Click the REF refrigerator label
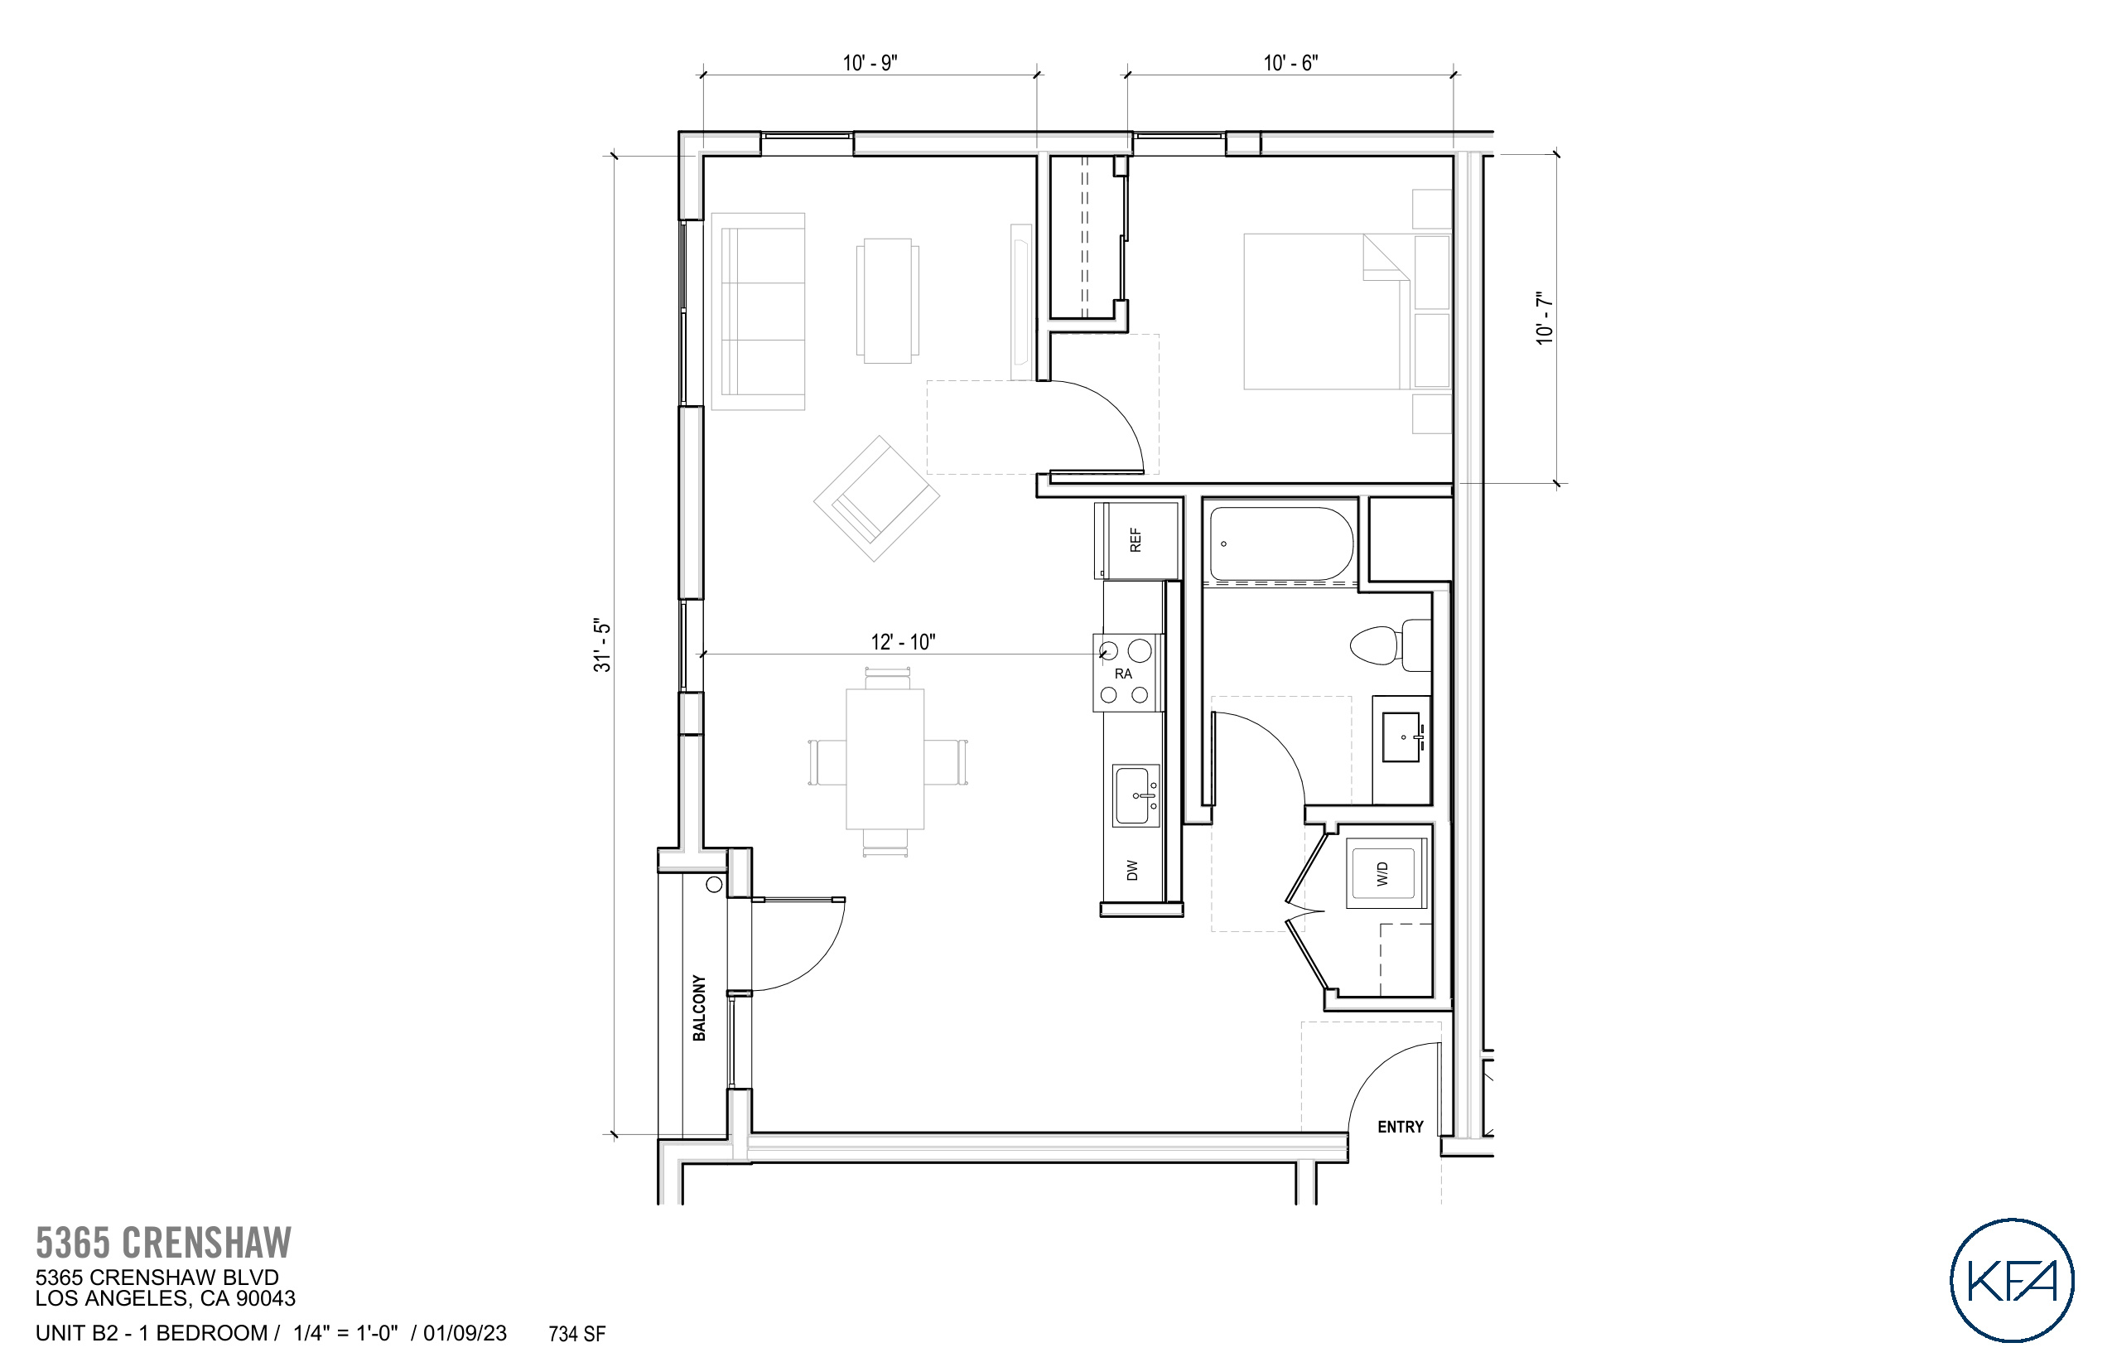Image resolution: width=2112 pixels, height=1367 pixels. pos(1135,539)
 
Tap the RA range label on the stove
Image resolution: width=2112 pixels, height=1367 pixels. pos(1123,674)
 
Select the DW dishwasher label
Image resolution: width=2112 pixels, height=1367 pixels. pos(1131,870)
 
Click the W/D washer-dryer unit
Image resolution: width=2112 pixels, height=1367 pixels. pos(1384,873)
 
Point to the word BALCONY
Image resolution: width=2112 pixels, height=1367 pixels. pos(699,1007)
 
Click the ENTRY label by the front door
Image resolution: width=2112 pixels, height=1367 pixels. pos(1400,1127)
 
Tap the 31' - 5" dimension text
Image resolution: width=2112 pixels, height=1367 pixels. pos(603,645)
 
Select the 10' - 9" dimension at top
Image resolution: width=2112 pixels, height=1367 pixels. pos(870,63)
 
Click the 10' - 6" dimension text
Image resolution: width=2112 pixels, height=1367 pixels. pos(1290,63)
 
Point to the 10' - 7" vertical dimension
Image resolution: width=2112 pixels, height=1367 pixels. pos(1545,318)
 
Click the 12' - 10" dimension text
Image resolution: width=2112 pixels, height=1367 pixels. pos(903,642)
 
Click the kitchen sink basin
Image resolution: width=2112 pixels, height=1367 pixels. pos(1136,796)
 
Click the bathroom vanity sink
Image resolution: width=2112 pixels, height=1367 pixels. pos(1402,737)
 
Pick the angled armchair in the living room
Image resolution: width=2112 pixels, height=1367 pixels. pos(876,499)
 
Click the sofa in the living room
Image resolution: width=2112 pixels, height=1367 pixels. pos(759,311)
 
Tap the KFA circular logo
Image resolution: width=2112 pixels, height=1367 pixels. pos(2012,1279)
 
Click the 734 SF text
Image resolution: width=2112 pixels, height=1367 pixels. pos(576,1334)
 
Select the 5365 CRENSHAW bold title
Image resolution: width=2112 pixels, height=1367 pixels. pos(163,1243)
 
